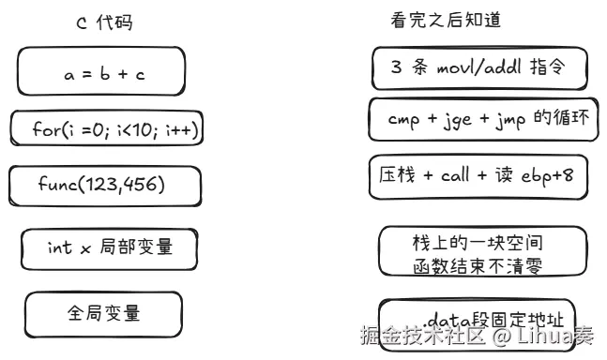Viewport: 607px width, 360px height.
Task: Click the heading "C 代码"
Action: pyautogui.click(x=104, y=22)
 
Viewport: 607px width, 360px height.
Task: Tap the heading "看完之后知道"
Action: pyautogui.click(x=446, y=20)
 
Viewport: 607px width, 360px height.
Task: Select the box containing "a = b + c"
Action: pyautogui.click(x=101, y=71)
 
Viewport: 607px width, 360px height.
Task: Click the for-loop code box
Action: pyautogui.click(x=107, y=128)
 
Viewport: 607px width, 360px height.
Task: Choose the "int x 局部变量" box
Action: pyautogui.click(x=110, y=249)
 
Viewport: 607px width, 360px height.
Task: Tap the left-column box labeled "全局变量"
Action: pyautogui.click(x=103, y=315)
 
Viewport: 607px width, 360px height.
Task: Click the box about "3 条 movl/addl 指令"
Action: pyautogui.click(x=479, y=68)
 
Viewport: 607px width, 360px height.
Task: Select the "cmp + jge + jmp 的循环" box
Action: pyautogui.click(x=483, y=119)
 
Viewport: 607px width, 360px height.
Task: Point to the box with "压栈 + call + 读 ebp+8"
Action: pyautogui.click(x=478, y=176)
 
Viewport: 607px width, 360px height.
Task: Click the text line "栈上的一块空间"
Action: pyautogui.click(x=478, y=243)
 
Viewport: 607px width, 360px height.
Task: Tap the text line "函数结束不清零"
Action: pyautogui.click(x=478, y=266)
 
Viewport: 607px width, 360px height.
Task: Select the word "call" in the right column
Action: pyautogui.click(x=455, y=175)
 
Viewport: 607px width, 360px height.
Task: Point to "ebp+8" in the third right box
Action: pyautogui.click(x=547, y=176)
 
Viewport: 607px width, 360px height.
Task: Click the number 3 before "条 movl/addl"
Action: pyautogui.click(x=396, y=67)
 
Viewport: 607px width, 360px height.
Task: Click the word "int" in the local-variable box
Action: pyautogui.click(x=60, y=247)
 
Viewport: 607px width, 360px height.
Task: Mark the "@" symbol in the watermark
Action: pyautogui.click(x=502, y=336)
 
